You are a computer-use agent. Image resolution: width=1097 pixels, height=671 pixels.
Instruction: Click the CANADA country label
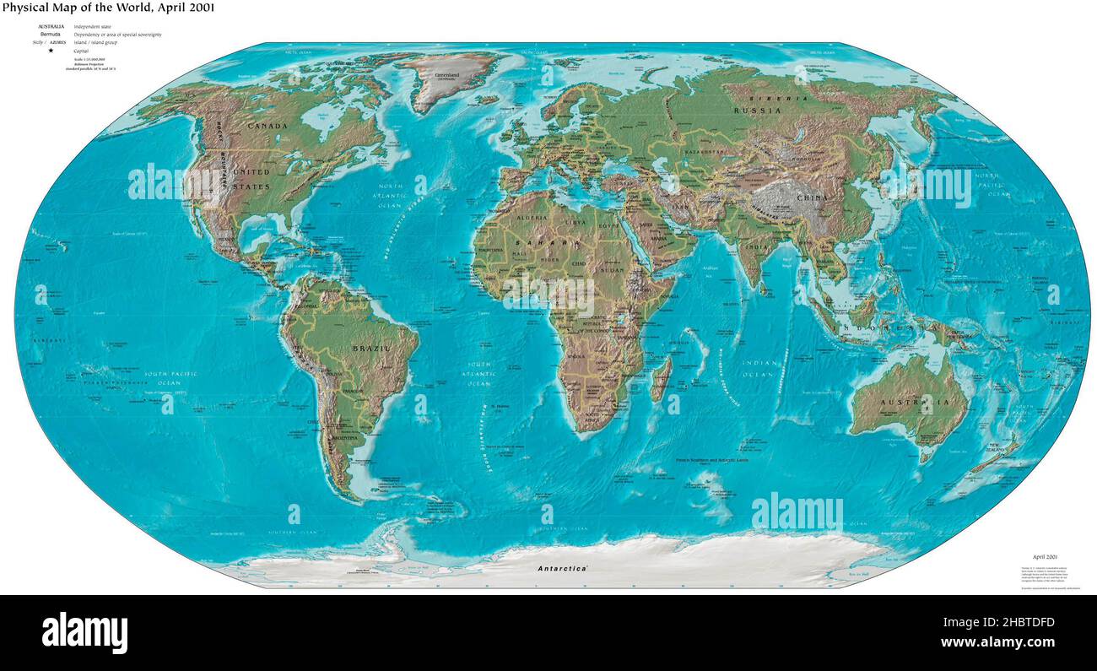[x=267, y=126]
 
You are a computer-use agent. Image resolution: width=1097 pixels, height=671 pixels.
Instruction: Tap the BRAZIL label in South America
[x=370, y=349]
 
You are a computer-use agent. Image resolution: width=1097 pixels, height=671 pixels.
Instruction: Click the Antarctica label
[x=563, y=569]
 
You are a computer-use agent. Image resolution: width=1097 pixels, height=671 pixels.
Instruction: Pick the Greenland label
[x=447, y=74]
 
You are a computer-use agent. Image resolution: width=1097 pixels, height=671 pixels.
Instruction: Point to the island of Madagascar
[x=661, y=378]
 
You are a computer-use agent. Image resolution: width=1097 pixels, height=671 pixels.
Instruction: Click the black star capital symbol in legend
[x=51, y=51]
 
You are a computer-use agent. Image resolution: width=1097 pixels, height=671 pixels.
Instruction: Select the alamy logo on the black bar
[x=84, y=632]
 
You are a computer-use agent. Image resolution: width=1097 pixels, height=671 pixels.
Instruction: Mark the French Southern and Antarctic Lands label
[x=711, y=460]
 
